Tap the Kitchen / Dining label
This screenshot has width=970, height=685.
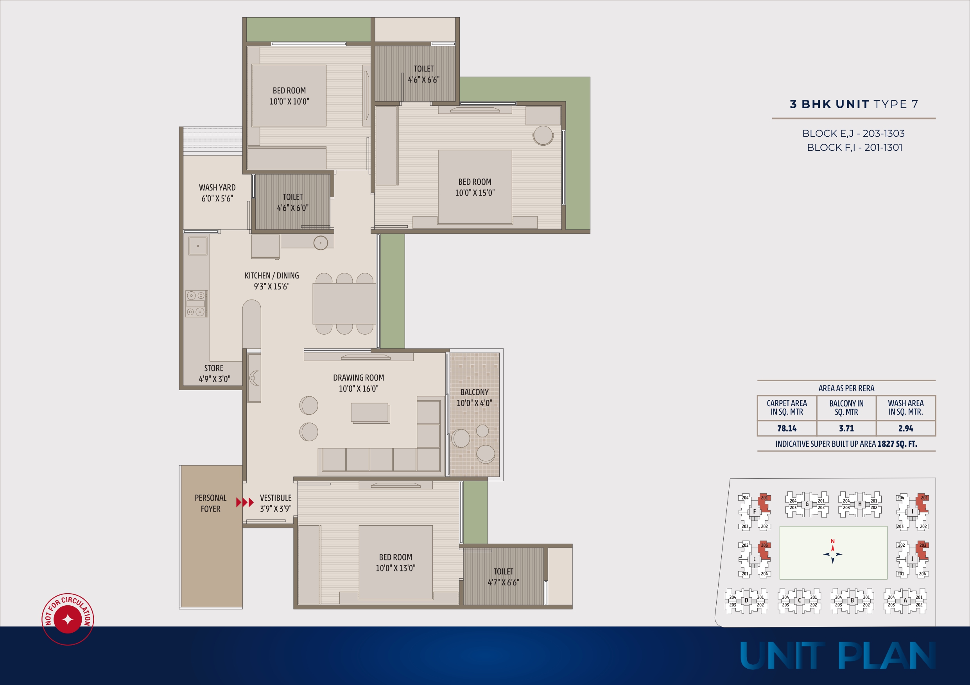[x=272, y=276]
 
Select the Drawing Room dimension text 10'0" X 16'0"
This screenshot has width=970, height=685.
[x=359, y=389]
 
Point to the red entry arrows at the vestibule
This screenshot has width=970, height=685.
[x=245, y=502]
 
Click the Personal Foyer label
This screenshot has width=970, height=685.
[x=210, y=503]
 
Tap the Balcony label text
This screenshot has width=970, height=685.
[x=474, y=392]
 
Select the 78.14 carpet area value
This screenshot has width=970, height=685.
[x=787, y=428]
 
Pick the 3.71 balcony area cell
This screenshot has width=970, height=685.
[x=846, y=428]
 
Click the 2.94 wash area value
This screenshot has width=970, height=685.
[x=906, y=428]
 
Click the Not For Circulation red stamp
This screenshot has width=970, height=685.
[x=68, y=619]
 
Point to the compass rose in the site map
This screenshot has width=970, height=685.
[x=833, y=554]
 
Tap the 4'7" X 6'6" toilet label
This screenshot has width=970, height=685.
[x=504, y=583]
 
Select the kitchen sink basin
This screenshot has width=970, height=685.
[x=198, y=246]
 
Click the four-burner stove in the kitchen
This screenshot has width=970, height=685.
[x=196, y=304]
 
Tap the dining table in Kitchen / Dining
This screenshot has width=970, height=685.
[x=344, y=304]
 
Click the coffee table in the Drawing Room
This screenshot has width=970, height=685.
[x=370, y=413]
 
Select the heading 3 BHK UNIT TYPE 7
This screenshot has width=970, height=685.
[x=854, y=104]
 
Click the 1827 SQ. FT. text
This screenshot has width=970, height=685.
[x=897, y=444]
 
